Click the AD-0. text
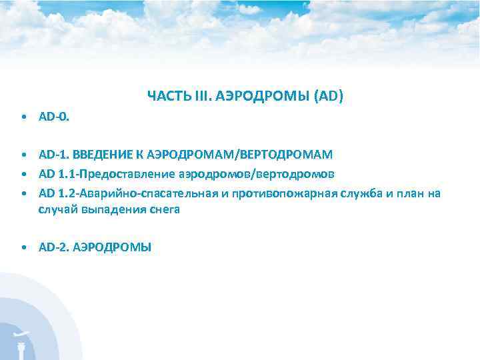click(53, 117)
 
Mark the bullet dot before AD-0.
click(24, 118)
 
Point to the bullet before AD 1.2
click(24, 194)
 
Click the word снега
click(165, 209)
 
